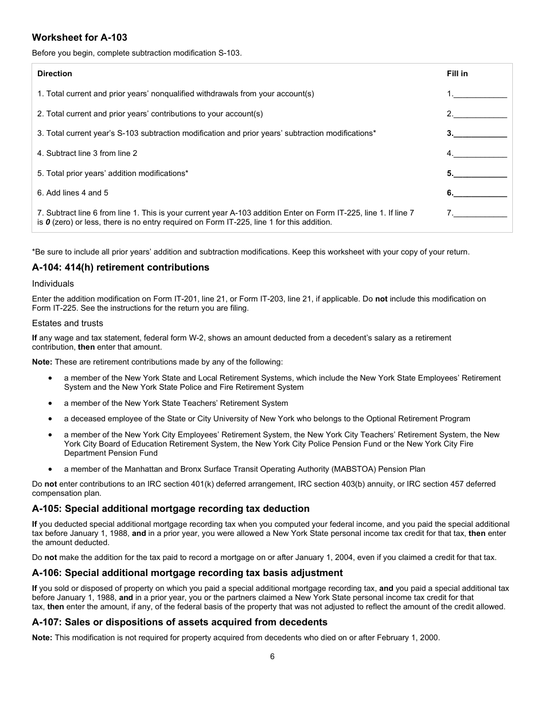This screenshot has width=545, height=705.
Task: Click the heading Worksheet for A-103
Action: click(79, 37)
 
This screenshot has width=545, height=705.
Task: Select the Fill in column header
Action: click(457, 73)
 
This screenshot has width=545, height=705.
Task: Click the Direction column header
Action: click(54, 73)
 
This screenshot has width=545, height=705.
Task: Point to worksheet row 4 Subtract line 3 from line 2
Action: click(87, 153)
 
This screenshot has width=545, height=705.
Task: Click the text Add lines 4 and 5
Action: click(77, 193)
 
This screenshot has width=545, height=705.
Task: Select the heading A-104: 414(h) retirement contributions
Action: click(120, 267)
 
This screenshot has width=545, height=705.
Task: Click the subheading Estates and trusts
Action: click(68, 323)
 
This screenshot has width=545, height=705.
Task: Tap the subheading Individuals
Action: click(53, 284)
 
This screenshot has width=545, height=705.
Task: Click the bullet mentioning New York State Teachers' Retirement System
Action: click(176, 403)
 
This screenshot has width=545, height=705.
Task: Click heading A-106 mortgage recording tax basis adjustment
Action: click(187, 573)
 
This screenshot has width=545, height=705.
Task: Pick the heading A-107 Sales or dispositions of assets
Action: click(180, 622)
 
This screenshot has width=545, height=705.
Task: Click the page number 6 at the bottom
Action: click(272, 657)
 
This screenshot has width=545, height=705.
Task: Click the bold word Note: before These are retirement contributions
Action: click(42, 362)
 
